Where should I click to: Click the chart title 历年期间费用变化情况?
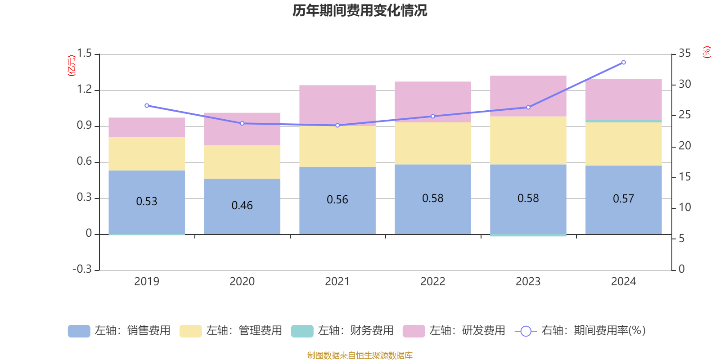click(x=360, y=10)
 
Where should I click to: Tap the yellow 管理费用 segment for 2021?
click(x=337, y=146)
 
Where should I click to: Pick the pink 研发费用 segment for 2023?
click(x=528, y=96)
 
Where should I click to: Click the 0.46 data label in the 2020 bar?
click(x=242, y=206)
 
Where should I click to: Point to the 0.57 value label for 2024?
click(x=623, y=199)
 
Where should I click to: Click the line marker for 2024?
click(x=623, y=63)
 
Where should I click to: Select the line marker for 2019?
click(x=147, y=106)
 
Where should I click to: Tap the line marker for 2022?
click(x=433, y=116)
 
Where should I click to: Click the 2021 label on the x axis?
click(x=337, y=282)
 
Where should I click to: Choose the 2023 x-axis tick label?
click(x=528, y=282)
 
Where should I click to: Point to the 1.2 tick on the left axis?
click(x=84, y=90)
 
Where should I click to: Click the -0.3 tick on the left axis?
click(x=82, y=269)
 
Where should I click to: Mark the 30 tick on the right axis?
click(x=684, y=84)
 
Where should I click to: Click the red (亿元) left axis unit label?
click(x=72, y=66)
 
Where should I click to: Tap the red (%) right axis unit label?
click(x=707, y=52)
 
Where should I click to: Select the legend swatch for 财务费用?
click(x=302, y=331)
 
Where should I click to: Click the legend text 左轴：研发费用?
click(x=467, y=331)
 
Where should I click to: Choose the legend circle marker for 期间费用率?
click(x=526, y=331)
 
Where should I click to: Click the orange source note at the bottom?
click(x=360, y=355)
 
